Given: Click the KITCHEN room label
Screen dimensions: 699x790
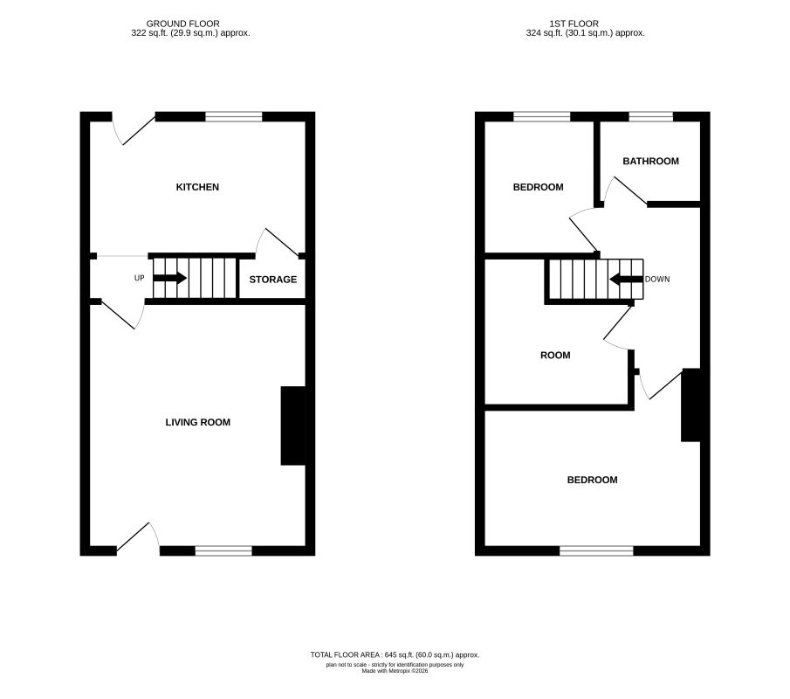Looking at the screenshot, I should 197,187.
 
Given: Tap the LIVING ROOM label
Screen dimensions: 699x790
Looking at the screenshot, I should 198,422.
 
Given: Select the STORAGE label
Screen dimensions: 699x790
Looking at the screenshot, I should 273,280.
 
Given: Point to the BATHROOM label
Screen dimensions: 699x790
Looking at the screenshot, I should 650,161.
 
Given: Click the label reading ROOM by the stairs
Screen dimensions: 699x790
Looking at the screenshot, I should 555,355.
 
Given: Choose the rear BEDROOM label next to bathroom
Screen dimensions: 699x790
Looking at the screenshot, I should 538,187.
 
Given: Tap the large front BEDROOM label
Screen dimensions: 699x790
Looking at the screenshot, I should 592,480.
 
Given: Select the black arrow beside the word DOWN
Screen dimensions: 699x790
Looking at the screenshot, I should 626,280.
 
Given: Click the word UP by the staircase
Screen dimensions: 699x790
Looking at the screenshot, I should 139,279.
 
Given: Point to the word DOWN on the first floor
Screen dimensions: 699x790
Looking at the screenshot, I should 657,280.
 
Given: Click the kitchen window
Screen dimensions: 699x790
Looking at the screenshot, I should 234,116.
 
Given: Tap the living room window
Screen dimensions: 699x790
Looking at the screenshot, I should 223,550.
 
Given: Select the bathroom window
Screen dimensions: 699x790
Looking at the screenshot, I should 651,116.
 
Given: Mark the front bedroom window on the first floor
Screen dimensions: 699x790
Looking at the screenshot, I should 596,550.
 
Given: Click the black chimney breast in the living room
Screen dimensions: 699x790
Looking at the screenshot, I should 292,426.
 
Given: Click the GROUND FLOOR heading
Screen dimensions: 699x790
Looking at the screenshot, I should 183,24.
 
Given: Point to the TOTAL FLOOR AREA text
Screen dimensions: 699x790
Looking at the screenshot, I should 395,654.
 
